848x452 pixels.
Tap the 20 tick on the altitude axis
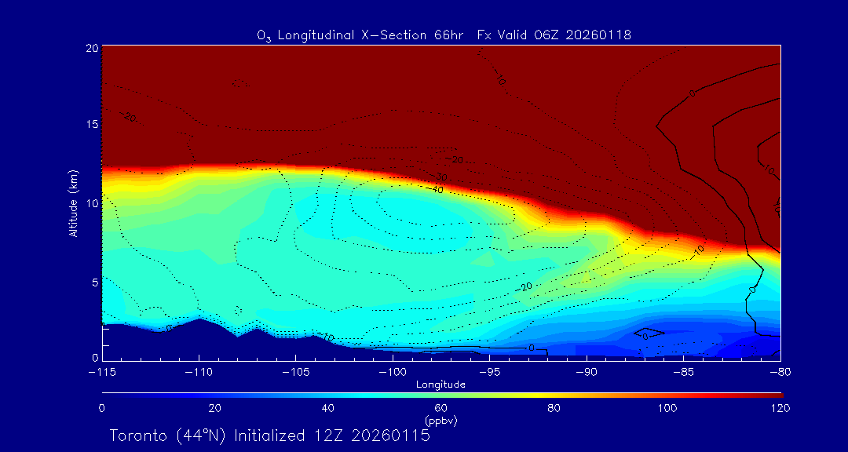91,48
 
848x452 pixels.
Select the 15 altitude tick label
91,125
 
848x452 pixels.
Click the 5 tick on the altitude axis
94,281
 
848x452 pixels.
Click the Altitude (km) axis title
73,202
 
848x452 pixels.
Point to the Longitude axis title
440,385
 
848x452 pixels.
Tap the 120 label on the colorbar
780,408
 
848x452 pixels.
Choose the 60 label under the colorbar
440,408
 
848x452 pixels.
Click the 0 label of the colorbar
102,408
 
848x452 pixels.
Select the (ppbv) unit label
440,421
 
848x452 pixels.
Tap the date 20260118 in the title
598,35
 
